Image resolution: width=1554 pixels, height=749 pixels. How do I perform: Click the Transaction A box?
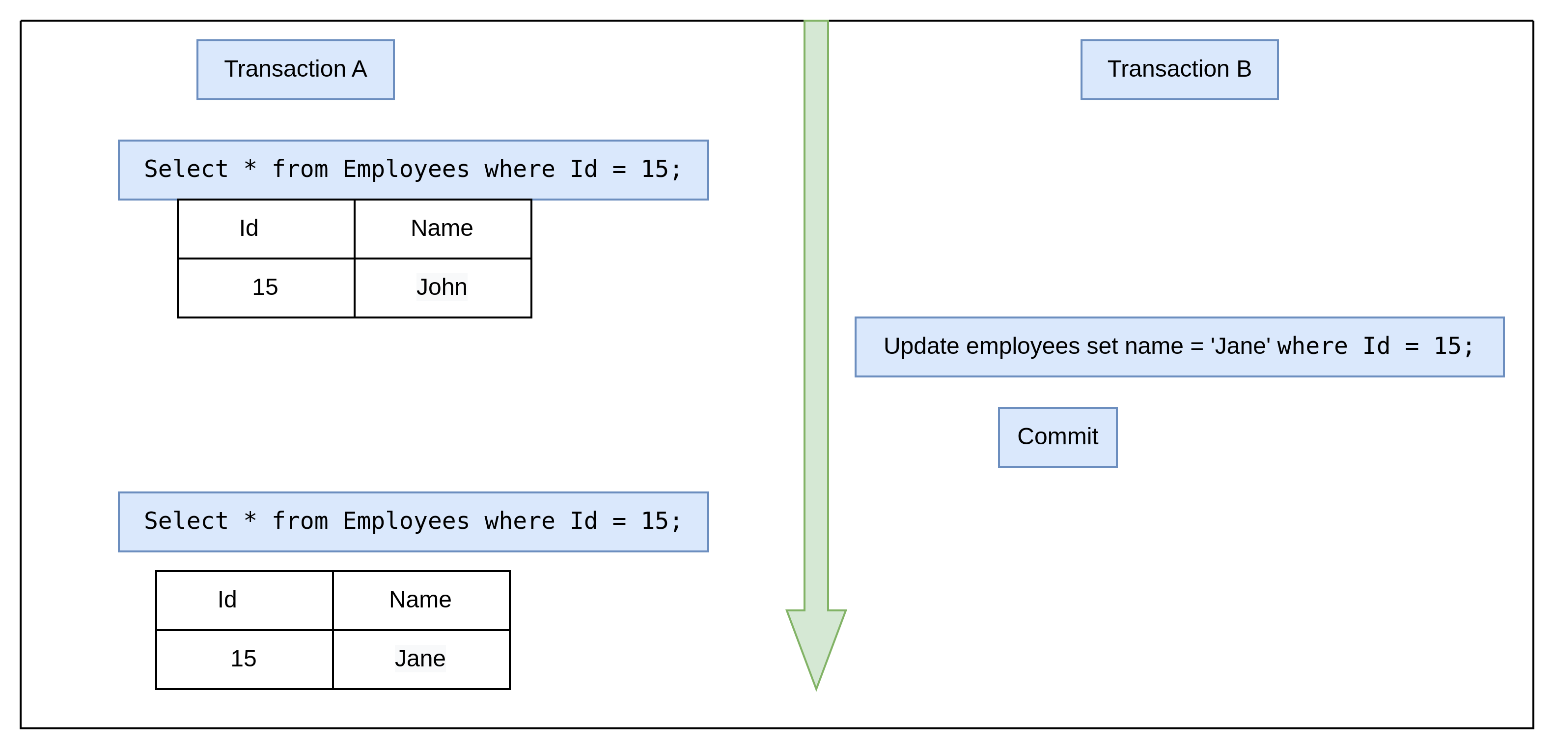pyautogui.click(x=295, y=69)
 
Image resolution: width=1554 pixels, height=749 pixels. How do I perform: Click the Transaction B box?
pyautogui.click(x=1179, y=69)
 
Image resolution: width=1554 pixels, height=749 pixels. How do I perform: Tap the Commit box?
pyautogui.click(x=1057, y=437)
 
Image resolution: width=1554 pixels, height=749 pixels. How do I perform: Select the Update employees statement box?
pyautogui.click(x=1179, y=346)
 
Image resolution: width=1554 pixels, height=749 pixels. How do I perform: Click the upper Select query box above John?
pyautogui.click(x=413, y=170)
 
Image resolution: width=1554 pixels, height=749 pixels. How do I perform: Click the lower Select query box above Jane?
pyautogui.click(x=413, y=521)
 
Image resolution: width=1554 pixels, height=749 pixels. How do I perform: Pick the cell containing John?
pyautogui.click(x=442, y=288)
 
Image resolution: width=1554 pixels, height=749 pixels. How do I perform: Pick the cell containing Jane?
pyautogui.click(x=420, y=659)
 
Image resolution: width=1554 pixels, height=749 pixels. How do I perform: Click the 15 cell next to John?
pyautogui.click(x=265, y=288)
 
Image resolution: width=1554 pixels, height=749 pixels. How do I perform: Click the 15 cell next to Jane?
pyautogui.click(x=244, y=659)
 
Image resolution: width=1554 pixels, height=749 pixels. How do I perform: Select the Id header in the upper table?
pyautogui.click(x=249, y=229)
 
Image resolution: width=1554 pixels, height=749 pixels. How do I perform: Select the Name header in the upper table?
pyautogui.click(x=442, y=229)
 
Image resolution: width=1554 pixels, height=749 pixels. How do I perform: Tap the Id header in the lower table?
pyautogui.click(x=227, y=600)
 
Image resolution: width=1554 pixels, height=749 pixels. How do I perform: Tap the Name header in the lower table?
pyautogui.click(x=420, y=600)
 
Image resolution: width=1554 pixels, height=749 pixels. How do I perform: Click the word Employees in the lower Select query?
pyautogui.click(x=406, y=521)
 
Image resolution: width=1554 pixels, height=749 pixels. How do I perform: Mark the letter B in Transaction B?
pyautogui.click(x=1244, y=69)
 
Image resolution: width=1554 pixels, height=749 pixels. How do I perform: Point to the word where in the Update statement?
pyautogui.click(x=1312, y=346)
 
